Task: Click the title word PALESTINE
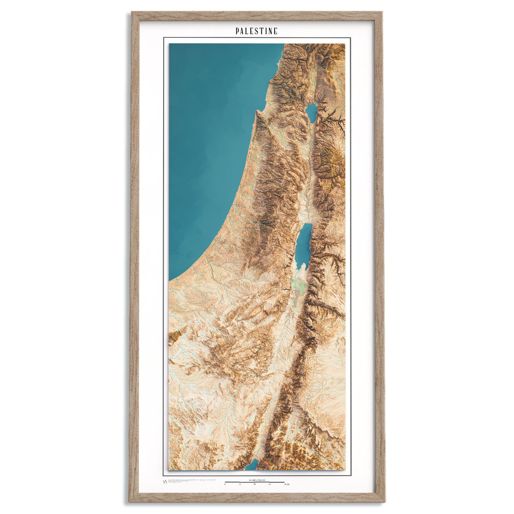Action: pos(257,31)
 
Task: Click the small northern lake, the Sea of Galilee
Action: pos(311,113)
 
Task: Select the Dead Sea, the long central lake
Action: pos(303,245)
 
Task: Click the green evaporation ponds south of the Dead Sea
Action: pos(298,286)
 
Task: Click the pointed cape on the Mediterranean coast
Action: pos(257,113)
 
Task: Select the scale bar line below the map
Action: pos(255,482)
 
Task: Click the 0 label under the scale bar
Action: pos(225,484)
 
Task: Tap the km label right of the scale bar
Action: pos(287,484)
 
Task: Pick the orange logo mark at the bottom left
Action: pos(165,482)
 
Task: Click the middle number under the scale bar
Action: pos(255,484)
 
